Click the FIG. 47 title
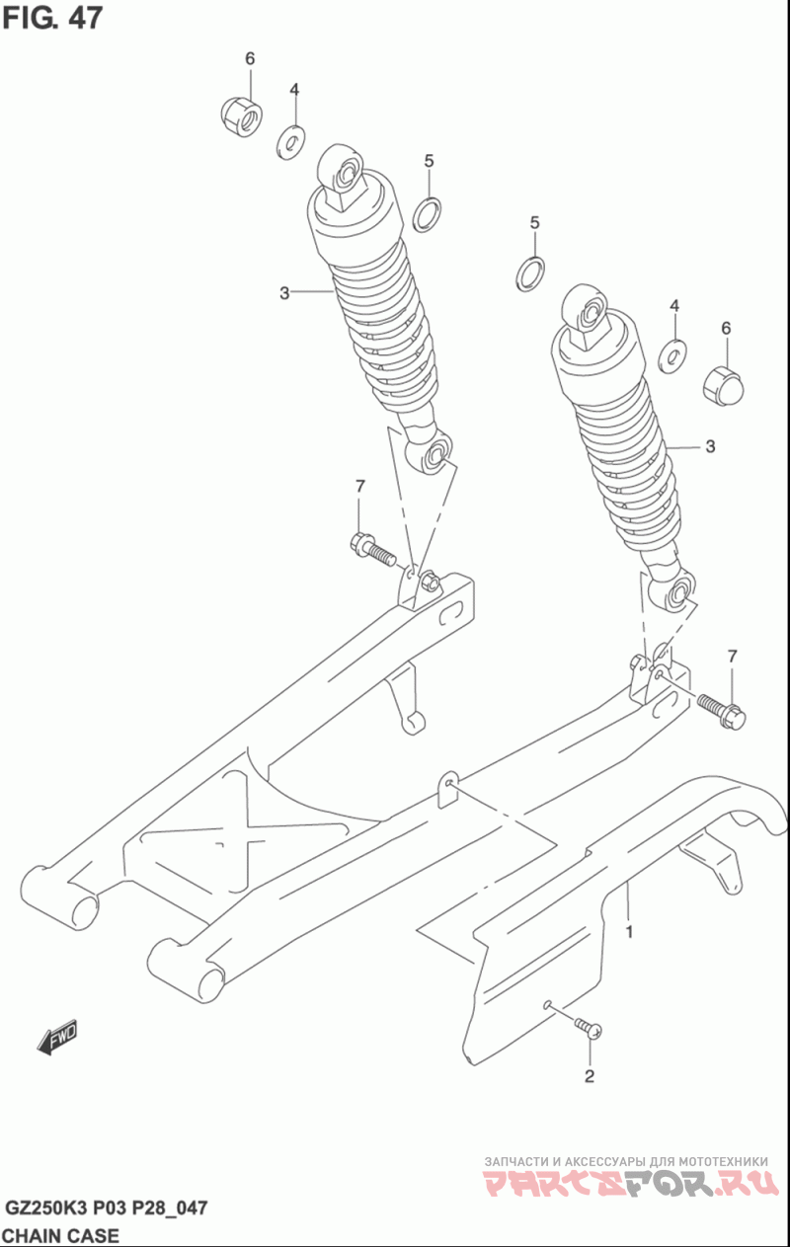point(53,19)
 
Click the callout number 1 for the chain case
point(630,931)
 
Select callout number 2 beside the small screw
point(590,1076)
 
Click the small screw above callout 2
point(588,1027)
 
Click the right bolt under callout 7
point(721,711)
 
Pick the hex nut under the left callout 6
point(241,116)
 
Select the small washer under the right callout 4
point(672,356)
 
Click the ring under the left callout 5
point(428,214)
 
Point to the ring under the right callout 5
point(530,273)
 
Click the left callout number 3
point(284,293)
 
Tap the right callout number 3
point(710,446)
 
